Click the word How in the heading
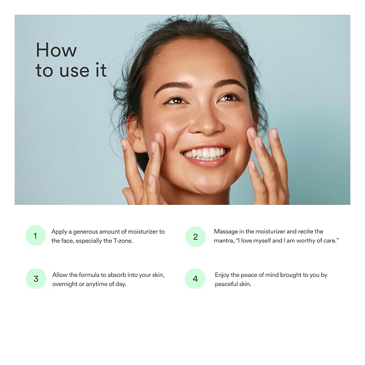(56, 49)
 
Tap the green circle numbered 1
(35, 235)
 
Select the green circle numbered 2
(196, 237)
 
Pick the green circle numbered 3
(36, 278)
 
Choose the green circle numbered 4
(195, 278)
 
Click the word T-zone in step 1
(123, 241)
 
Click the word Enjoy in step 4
(222, 275)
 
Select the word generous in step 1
(85, 232)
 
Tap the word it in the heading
(101, 70)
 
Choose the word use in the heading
(74, 71)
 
